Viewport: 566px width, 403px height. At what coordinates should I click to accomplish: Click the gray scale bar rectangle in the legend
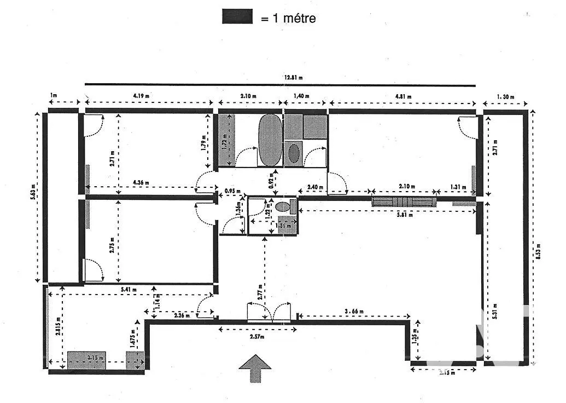237,17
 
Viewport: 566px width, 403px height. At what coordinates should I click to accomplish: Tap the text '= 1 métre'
288,18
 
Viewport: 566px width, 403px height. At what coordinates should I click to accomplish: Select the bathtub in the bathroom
270,140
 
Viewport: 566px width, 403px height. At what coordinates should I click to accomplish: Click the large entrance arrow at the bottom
255,367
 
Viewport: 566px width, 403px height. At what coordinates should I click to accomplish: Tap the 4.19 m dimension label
141,95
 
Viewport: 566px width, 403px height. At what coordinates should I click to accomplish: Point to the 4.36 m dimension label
141,182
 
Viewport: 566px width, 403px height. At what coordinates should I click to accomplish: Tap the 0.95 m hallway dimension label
233,191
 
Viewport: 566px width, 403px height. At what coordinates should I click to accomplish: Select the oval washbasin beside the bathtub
294,153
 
